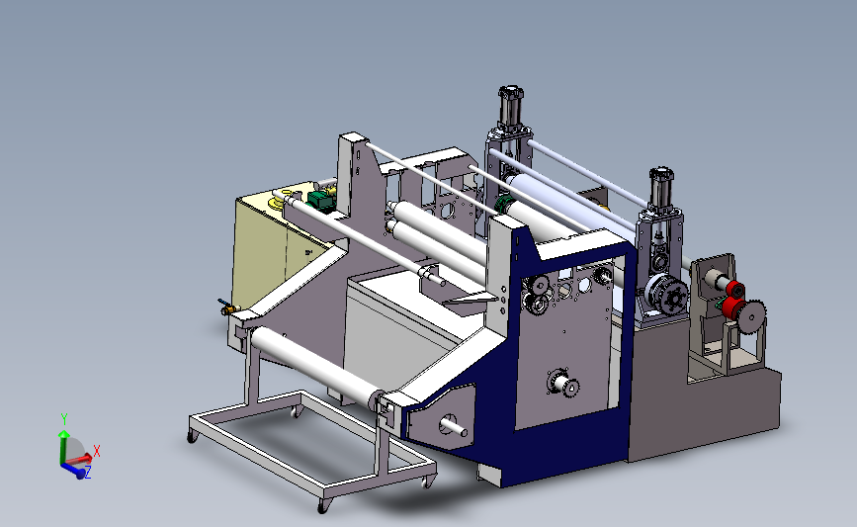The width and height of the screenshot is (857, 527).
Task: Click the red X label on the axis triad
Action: coord(97,451)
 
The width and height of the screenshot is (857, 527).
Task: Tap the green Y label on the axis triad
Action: coord(64,419)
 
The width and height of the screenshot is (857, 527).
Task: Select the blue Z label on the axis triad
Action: coord(87,473)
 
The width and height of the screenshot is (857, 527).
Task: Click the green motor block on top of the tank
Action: coord(321,200)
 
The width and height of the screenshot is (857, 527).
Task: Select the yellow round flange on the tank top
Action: coord(276,204)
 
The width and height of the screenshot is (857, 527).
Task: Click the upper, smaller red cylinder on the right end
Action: coord(735,289)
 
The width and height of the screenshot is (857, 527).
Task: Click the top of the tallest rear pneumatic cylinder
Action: coord(510,90)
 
